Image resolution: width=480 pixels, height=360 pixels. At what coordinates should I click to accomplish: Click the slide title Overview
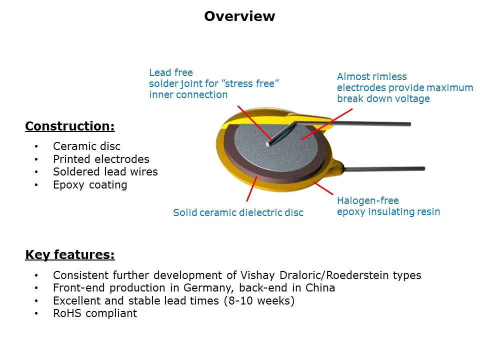[239, 16]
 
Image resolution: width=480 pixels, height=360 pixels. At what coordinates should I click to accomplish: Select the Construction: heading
[69, 126]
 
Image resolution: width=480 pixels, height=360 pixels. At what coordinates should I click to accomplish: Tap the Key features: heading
[69, 255]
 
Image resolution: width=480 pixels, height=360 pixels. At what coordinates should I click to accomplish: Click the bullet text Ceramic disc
[86, 146]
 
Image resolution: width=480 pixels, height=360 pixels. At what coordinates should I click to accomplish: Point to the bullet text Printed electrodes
[101, 159]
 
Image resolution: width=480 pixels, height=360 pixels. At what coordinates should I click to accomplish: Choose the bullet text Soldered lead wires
[105, 172]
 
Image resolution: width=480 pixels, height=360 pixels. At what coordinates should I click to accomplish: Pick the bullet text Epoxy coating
[90, 185]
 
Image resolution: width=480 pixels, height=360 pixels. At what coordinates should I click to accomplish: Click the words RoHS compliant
[94, 314]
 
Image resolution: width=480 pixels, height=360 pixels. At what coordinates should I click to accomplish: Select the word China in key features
[320, 288]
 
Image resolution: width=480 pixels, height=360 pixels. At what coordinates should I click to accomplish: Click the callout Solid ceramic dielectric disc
[238, 212]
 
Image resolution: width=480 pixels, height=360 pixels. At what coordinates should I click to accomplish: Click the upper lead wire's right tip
[408, 124]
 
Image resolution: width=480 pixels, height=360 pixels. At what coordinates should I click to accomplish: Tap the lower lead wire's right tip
[422, 168]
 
